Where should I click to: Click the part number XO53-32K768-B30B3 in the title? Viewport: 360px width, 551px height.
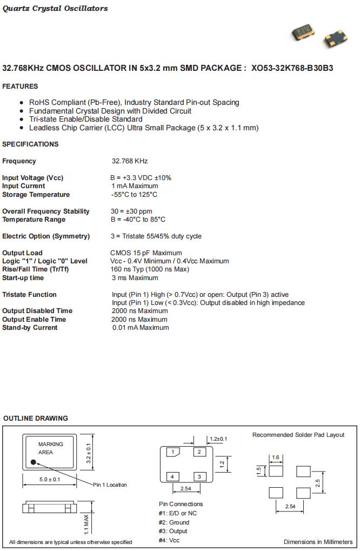tap(292, 68)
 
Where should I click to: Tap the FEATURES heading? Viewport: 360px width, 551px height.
tap(20, 87)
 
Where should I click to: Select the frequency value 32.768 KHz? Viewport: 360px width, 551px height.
tap(130, 161)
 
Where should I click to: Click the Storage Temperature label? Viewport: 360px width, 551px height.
tap(36, 195)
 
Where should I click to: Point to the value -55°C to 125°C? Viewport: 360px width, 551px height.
tap(135, 195)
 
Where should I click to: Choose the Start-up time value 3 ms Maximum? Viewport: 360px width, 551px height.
tap(135, 278)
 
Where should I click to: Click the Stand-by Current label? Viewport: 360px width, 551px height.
tap(30, 328)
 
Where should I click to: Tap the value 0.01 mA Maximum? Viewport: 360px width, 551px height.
tap(141, 328)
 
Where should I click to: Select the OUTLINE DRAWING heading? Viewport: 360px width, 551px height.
tap(36, 419)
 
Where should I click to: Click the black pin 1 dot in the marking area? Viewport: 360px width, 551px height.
tap(34, 462)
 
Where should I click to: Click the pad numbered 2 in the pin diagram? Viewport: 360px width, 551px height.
tap(199, 452)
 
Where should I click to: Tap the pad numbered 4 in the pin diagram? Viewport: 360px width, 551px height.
tap(172, 476)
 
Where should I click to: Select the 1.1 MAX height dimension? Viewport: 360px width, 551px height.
tap(86, 522)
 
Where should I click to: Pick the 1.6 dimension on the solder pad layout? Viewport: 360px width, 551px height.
tap(276, 457)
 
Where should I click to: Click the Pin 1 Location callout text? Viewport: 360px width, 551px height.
tap(110, 485)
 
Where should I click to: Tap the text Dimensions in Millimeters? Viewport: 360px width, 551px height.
tap(318, 542)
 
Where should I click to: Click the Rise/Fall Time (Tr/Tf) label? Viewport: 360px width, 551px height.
tap(36, 269)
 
